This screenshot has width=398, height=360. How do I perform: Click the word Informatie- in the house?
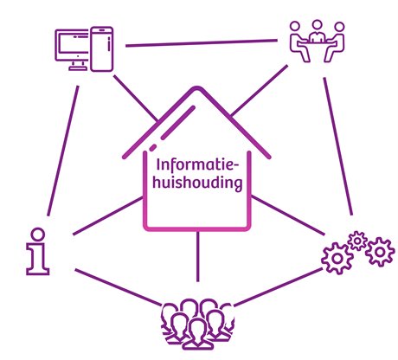[198, 165]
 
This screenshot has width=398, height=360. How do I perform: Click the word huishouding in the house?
[197, 183]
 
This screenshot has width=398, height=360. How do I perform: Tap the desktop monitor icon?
[72, 49]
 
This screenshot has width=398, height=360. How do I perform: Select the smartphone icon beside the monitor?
[101, 49]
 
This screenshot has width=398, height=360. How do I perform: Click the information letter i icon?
[38, 252]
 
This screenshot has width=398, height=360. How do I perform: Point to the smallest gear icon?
[357, 241]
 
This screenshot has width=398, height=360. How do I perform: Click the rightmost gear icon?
[380, 252]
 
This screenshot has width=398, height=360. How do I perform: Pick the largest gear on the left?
[337, 259]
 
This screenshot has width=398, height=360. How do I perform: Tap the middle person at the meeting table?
[317, 32]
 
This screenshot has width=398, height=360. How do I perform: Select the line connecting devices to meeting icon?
[202, 43]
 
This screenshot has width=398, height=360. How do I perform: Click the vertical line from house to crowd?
[197, 256]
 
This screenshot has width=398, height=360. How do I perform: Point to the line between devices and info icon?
[62, 151]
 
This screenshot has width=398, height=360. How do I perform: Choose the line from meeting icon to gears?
[338, 146]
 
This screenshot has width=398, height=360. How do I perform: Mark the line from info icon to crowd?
[118, 286]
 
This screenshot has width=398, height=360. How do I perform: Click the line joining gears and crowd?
[279, 286]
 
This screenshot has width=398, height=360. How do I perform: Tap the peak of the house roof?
[197, 87]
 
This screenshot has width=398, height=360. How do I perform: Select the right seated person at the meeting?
[335, 42]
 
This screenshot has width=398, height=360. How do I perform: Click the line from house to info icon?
[108, 215]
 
